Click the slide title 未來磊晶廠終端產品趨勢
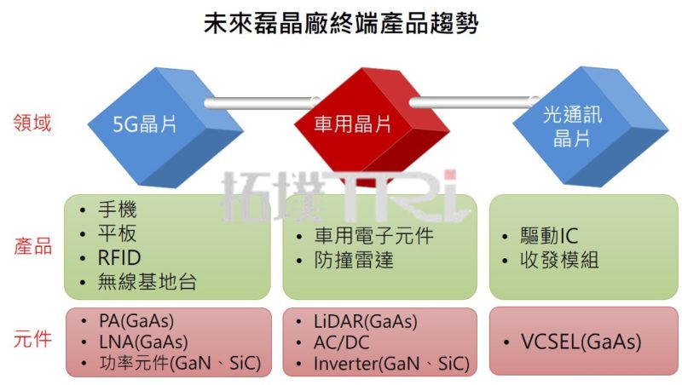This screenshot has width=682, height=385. click(341, 23)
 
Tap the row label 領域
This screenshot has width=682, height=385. click(32, 123)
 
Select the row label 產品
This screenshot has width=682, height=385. click(32, 247)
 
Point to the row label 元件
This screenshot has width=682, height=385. click(32, 340)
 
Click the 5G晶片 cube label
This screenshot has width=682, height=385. click(145, 124)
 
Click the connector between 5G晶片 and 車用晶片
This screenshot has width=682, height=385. click(256, 104)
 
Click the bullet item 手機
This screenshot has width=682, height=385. click(118, 210)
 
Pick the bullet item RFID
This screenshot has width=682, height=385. click(120, 258)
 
